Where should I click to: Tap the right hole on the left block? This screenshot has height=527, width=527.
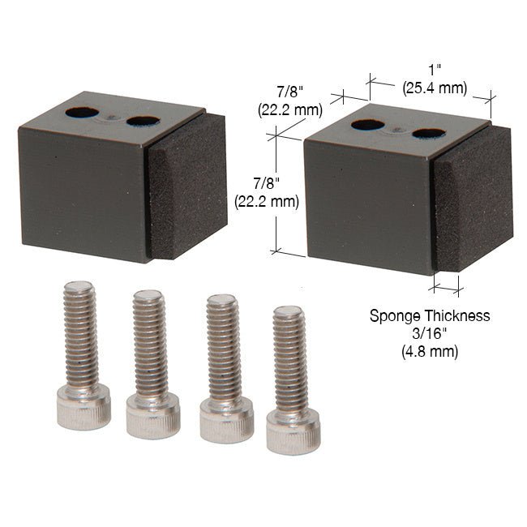143,122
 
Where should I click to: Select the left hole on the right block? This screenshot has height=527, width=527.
368,125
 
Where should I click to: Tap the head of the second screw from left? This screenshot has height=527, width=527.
152,415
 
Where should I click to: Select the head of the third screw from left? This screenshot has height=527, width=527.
226,420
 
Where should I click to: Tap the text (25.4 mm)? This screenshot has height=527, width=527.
435,88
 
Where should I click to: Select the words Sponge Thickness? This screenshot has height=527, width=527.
430,315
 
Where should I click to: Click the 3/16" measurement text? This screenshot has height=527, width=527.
430,333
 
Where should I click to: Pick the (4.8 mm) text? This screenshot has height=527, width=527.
430,351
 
